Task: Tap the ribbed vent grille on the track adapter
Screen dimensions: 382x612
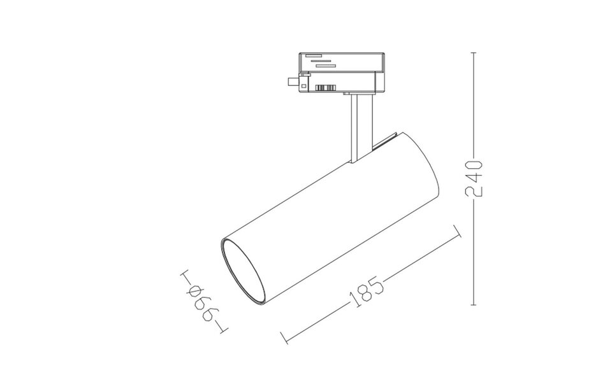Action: (x=325, y=87)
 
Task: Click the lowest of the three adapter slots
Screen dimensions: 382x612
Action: (x=325, y=66)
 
